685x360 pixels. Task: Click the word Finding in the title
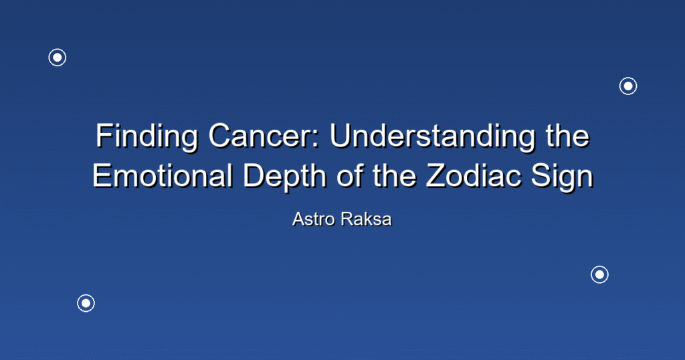[x=146, y=137]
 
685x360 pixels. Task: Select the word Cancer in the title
[x=261, y=136]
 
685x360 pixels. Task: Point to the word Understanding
[x=432, y=137]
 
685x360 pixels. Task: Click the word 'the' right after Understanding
[x=567, y=136]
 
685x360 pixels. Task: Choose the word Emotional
[x=162, y=175]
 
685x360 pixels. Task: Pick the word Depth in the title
[x=284, y=177]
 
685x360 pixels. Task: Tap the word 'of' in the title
[x=349, y=175]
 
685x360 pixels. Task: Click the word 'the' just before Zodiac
[x=394, y=175]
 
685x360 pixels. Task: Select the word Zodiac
[x=474, y=175]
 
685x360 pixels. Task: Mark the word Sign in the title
[x=562, y=177]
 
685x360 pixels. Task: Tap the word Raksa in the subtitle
[x=366, y=219]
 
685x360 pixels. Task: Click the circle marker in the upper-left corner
[x=58, y=49]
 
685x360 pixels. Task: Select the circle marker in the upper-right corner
[x=628, y=78]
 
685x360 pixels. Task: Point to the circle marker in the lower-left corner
[x=86, y=295]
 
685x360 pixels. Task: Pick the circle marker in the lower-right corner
[x=599, y=266]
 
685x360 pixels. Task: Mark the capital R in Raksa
[x=347, y=219]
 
